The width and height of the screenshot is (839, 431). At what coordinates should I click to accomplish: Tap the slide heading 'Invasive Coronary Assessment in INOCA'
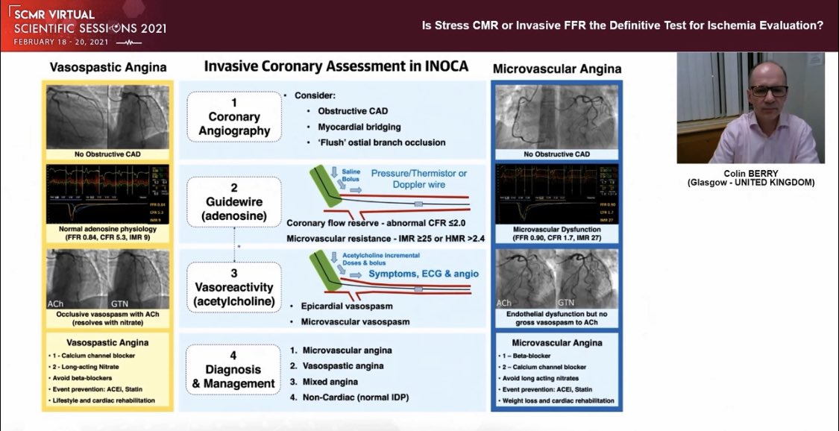tap(336, 66)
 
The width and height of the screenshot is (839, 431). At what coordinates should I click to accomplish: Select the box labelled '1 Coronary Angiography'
tap(233, 117)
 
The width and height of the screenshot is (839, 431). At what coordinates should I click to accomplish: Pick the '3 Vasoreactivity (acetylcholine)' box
tap(233, 286)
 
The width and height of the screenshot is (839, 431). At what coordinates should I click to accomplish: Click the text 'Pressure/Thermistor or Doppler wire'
tap(419, 180)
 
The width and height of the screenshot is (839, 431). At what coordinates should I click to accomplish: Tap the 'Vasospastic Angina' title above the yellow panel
tap(108, 68)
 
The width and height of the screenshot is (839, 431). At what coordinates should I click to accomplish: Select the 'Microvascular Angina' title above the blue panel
tap(556, 69)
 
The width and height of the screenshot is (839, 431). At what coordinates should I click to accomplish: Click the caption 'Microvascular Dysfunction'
tap(556, 230)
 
